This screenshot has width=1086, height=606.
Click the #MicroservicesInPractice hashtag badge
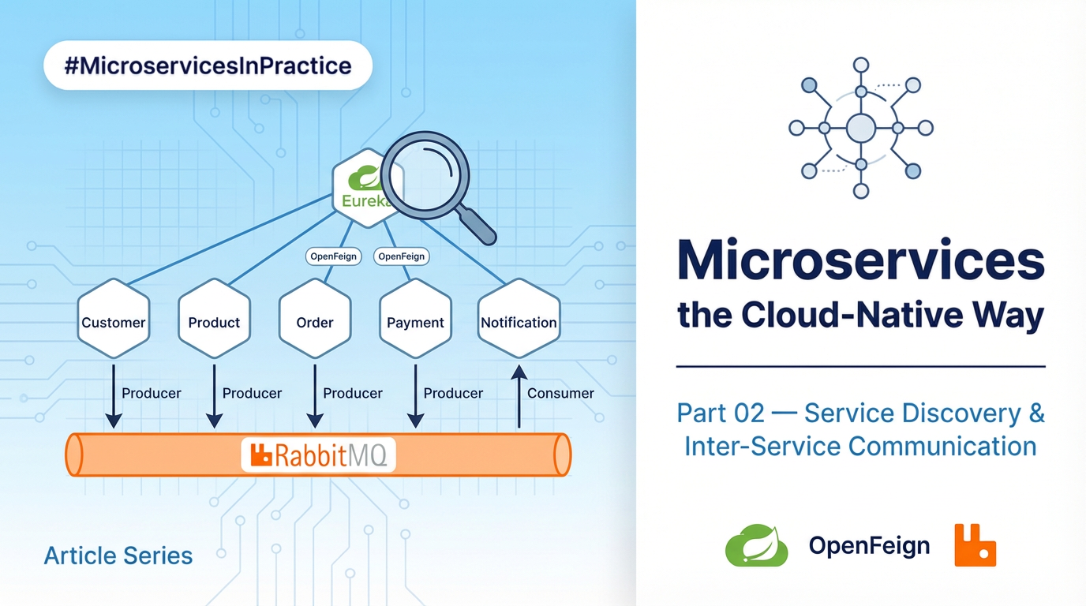pos(208,65)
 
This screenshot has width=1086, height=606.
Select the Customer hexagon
pos(114,320)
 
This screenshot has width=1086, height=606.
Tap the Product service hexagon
pos(214,320)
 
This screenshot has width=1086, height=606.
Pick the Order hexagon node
pos(315,320)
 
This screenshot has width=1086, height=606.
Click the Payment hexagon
pos(415,320)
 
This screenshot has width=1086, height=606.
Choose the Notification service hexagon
pos(519,320)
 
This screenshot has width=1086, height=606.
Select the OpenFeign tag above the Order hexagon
pos(333,256)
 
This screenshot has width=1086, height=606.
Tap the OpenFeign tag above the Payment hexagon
pos(401,256)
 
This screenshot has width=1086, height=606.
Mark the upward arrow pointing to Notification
pos(519,396)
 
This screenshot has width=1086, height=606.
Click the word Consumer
pos(560,393)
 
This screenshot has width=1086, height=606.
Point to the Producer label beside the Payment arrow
pos(453,393)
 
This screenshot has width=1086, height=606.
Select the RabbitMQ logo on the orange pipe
pos(318,455)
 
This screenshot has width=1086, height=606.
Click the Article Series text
pos(118,555)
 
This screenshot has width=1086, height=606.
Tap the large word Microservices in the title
pos(861,260)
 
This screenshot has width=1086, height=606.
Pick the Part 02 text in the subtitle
pos(720,413)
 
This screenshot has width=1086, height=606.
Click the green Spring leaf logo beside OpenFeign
pos(756,545)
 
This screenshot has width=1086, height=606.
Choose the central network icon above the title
pos(861,128)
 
